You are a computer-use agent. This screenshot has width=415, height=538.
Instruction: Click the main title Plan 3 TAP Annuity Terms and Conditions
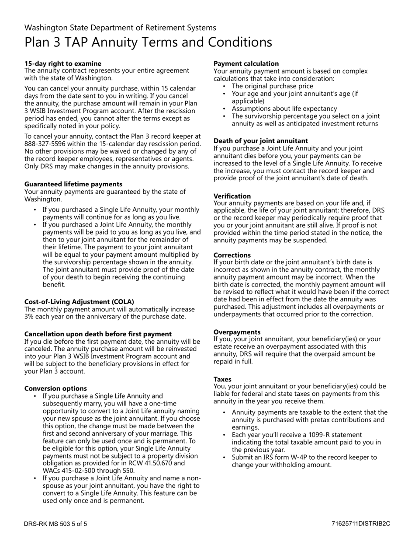pos(148,42)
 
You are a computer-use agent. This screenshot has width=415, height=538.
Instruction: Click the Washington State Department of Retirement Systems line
pos(120,28)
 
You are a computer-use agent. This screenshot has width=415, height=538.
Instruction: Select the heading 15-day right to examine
pos(62,63)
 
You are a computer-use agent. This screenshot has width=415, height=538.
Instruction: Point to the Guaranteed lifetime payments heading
pos(73,184)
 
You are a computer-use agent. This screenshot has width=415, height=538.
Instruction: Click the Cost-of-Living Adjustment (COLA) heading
pos(79,302)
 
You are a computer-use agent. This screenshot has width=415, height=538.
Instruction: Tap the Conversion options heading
pos(55,388)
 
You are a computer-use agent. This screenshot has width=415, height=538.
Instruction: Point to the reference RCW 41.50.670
pos(161,463)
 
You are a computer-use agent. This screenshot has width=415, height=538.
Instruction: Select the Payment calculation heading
pos(246,63)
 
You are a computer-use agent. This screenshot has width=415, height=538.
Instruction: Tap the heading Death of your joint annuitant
pos(261,141)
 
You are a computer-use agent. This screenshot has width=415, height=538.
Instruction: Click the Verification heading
pos(232,196)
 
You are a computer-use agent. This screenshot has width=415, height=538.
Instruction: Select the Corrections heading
pos(232,255)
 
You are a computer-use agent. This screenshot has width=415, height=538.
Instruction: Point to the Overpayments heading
pos(237,332)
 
